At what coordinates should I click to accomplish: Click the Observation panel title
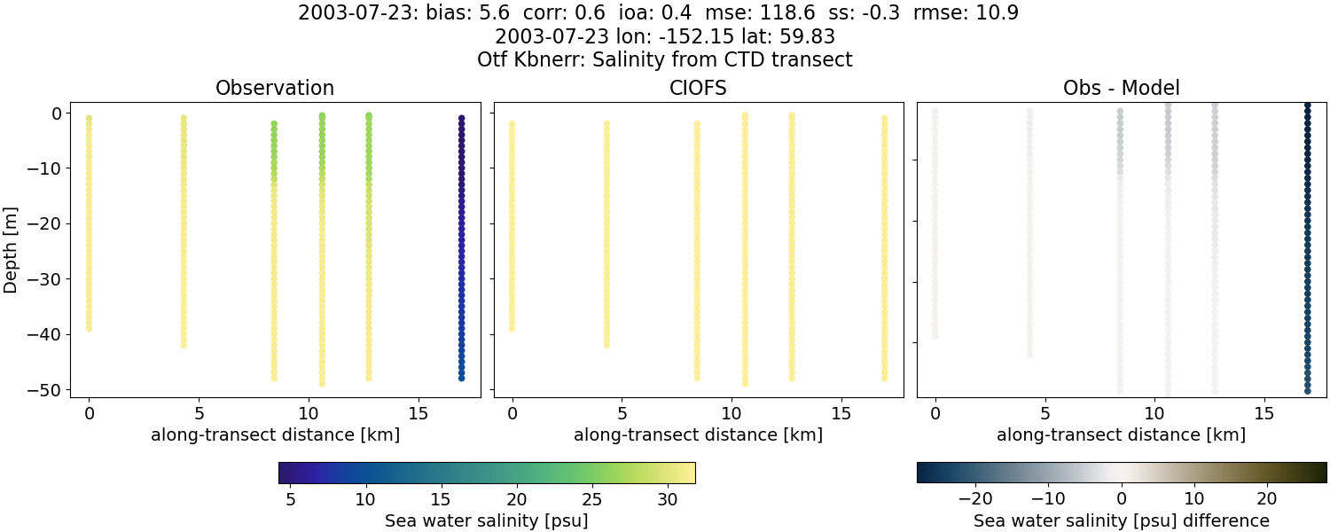[x=275, y=89]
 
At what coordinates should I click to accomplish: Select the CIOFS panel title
[x=699, y=89]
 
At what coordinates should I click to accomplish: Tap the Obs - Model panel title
[x=1122, y=89]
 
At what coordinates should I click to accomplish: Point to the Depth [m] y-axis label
[x=12, y=251]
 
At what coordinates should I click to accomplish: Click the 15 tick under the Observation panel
[x=418, y=414]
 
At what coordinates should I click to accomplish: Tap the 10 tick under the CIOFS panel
[x=731, y=414]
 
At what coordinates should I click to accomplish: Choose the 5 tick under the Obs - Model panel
[x=1044, y=414]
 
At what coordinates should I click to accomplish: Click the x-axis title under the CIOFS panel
[x=699, y=435]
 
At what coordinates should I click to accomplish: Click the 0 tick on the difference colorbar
[x=1122, y=500]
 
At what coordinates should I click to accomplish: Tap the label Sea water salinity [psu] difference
[x=1122, y=520]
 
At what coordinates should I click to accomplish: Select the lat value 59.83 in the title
[x=809, y=37]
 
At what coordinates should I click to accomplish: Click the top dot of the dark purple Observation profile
[x=462, y=118]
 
